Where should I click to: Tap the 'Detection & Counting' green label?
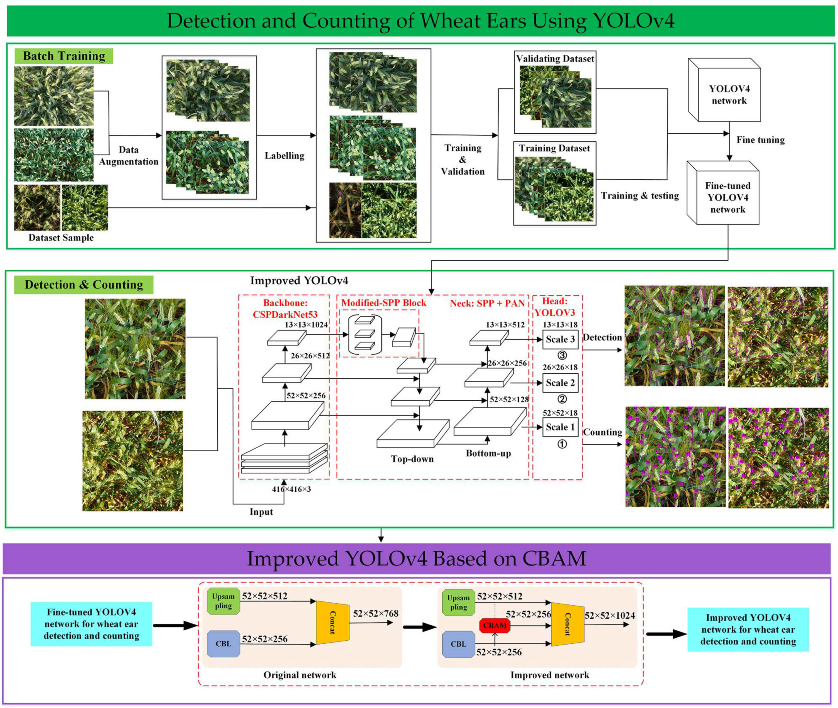pyautogui.click(x=84, y=284)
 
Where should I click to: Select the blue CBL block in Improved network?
pyautogui.click(x=458, y=644)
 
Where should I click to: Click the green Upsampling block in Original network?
pyautogui.click(x=223, y=601)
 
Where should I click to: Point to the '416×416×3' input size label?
pyautogui.click(x=292, y=489)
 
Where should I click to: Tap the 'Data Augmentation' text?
pyautogui.click(x=129, y=156)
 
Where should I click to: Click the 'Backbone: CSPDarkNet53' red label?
pyautogui.click(x=285, y=309)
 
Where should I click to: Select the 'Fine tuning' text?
pyautogui.click(x=760, y=140)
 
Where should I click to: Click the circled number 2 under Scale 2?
pyautogui.click(x=562, y=399)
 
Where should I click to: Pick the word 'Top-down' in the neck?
pyautogui.click(x=412, y=459)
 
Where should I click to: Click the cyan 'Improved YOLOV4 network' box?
pyautogui.click(x=748, y=629)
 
